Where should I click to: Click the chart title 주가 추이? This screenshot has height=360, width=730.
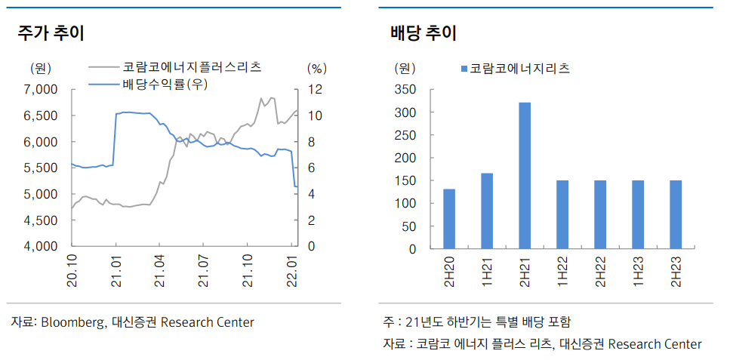(51, 33)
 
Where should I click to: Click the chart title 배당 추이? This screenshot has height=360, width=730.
(424, 33)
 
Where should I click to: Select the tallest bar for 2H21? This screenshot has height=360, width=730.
(525, 175)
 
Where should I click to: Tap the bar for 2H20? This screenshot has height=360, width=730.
(449, 219)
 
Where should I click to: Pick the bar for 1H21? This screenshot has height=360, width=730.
(487, 211)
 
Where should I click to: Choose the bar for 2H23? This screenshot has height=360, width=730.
(676, 214)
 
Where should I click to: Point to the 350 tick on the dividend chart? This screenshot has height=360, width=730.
(406, 90)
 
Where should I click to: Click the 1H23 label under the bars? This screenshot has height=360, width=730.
(638, 269)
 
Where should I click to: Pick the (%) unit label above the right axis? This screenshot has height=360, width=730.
(316, 68)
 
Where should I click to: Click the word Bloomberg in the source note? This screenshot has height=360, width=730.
(72, 322)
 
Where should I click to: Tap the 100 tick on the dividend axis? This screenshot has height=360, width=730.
(406, 203)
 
